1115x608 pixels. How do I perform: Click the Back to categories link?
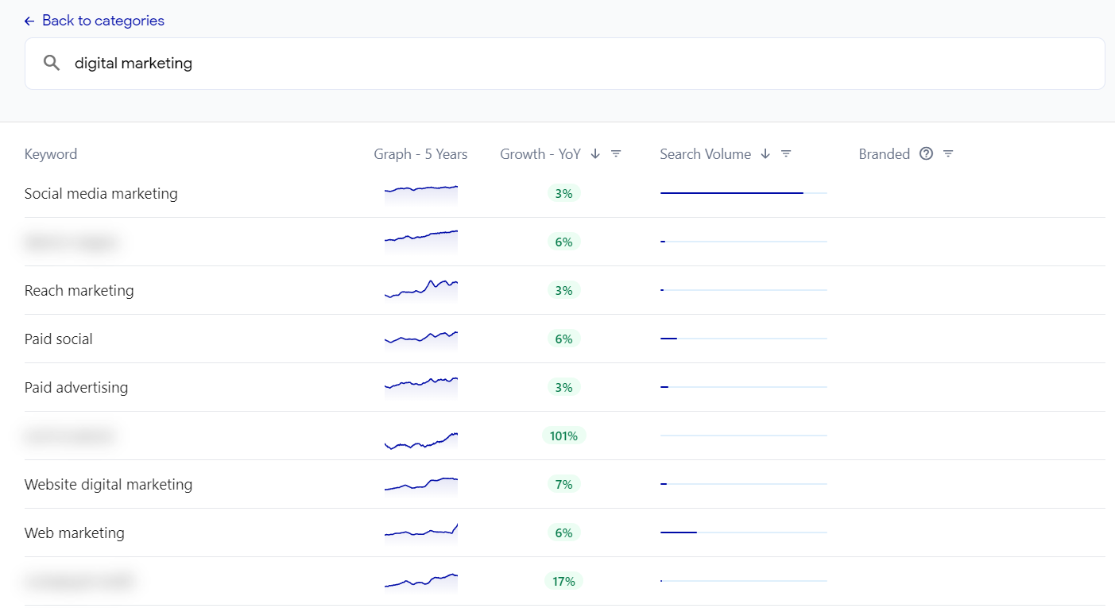point(95,21)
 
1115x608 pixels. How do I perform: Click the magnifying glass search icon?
point(52,64)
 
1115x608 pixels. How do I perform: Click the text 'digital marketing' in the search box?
point(134,64)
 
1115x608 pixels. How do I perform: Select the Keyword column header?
point(51,154)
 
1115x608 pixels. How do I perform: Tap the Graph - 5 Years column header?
point(420,154)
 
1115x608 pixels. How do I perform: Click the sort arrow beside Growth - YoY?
point(595,154)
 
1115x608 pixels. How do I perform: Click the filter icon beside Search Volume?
point(786,154)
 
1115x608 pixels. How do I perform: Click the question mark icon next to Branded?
point(926,154)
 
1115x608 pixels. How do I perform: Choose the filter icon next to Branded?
point(948,154)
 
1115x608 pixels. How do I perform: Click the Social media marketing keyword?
point(101,193)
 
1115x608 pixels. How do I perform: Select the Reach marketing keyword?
point(79,290)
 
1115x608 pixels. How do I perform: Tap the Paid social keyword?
point(59,339)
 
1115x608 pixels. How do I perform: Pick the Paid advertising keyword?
point(76,387)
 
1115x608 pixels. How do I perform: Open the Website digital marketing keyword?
point(108,484)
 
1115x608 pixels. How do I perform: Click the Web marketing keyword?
point(75,532)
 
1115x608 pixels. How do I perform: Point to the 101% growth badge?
point(563,436)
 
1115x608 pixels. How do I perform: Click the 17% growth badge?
point(563,581)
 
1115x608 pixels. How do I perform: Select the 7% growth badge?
point(563,484)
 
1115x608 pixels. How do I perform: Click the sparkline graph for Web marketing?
point(421,532)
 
